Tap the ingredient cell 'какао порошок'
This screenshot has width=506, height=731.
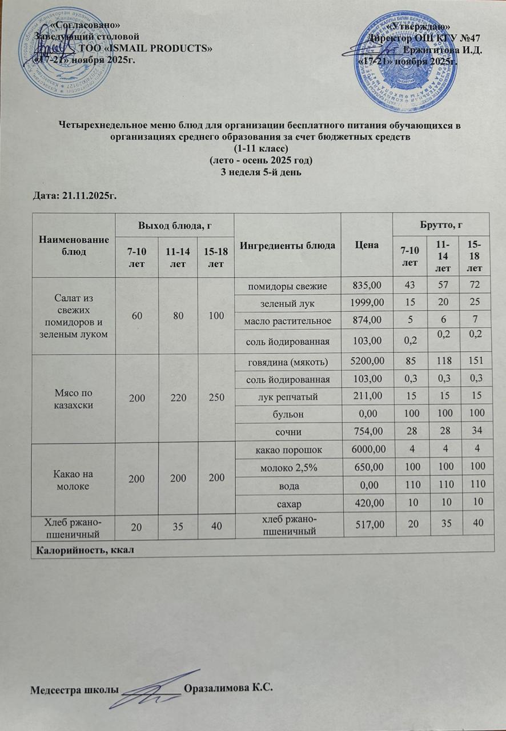[x=288, y=449]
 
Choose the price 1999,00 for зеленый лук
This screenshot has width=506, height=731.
[x=366, y=302]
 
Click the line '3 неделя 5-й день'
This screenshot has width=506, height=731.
[x=252, y=171]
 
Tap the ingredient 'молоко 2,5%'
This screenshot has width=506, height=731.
[x=288, y=467]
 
